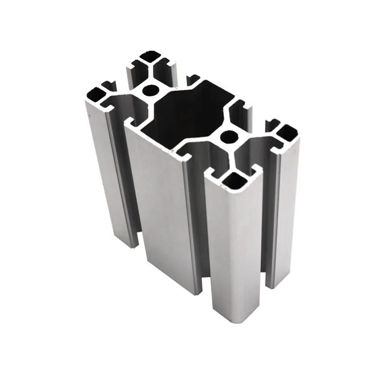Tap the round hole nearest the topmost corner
click(150, 89)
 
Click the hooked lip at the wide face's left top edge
click(129, 122)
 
